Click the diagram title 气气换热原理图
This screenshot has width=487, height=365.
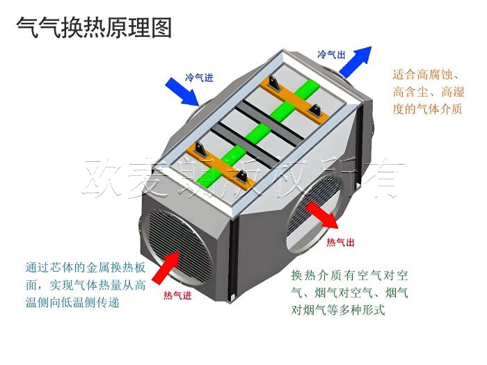point(93,27)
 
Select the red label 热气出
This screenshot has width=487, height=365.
point(341,242)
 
